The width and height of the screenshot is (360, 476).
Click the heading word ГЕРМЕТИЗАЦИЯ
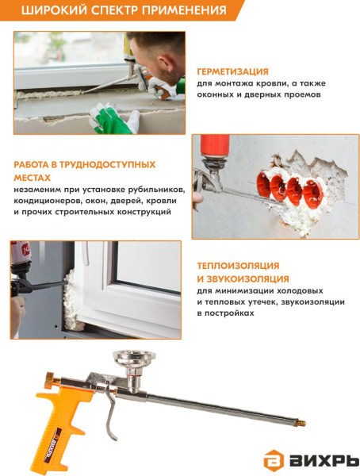(233, 71)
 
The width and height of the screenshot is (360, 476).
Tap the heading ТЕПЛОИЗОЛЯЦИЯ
(238, 266)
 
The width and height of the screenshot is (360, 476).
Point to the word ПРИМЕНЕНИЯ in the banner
(184, 10)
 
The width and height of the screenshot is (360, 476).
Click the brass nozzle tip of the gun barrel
(301, 423)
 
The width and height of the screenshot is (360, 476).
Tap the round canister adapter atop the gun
(134, 359)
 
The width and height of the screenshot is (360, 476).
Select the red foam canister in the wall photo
(215, 146)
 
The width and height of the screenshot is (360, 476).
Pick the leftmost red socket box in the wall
(263, 184)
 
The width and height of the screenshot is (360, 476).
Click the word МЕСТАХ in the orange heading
(33, 178)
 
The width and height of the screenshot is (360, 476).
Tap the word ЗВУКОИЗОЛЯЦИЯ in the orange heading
(247, 278)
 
